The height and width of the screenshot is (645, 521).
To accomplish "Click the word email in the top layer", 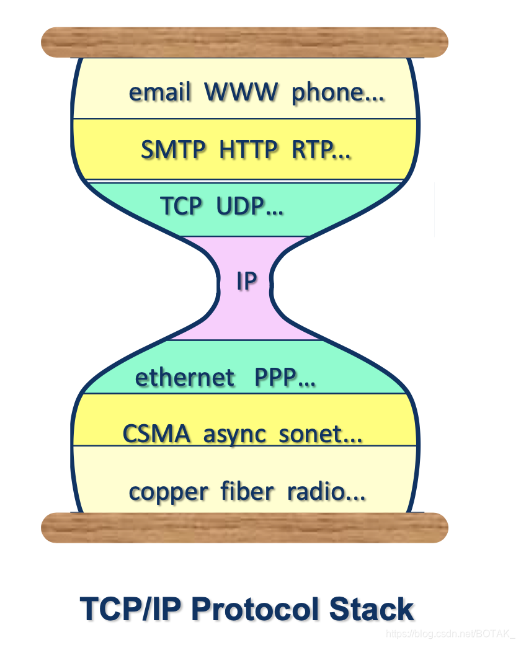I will (x=159, y=92).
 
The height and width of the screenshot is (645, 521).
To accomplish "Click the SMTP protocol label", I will (x=175, y=150).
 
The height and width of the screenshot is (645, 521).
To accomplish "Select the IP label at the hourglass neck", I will (x=246, y=282).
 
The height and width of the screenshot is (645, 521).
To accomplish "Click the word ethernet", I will (x=185, y=377).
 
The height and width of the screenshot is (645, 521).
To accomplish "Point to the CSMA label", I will (x=156, y=434).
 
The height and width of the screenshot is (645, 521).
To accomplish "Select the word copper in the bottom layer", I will (x=168, y=492).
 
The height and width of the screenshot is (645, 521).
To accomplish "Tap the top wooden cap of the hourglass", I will (x=244, y=42).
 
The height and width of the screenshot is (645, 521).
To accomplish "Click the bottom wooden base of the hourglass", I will (x=244, y=528).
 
